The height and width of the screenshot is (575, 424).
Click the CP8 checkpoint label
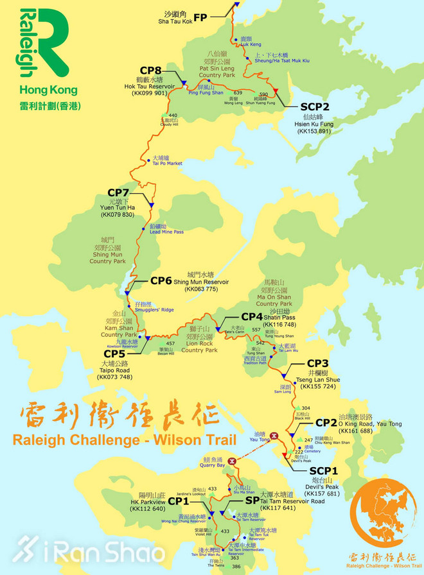click(x=150, y=71)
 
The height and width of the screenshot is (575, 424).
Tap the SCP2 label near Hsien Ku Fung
click(x=315, y=107)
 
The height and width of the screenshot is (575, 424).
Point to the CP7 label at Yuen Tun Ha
click(x=119, y=193)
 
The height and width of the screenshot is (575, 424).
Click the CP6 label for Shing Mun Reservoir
click(x=161, y=280)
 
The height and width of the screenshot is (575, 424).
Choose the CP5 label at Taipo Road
click(x=115, y=354)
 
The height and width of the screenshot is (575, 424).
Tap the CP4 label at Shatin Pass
click(x=252, y=317)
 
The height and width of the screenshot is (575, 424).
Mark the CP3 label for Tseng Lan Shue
click(x=318, y=363)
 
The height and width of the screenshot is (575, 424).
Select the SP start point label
click(x=252, y=500)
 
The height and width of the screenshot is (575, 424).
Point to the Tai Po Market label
click(x=168, y=163)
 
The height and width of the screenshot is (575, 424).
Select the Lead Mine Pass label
click(x=166, y=232)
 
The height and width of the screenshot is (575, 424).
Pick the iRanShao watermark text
click(x=84, y=551)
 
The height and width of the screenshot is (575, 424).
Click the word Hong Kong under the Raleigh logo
click(x=49, y=90)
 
